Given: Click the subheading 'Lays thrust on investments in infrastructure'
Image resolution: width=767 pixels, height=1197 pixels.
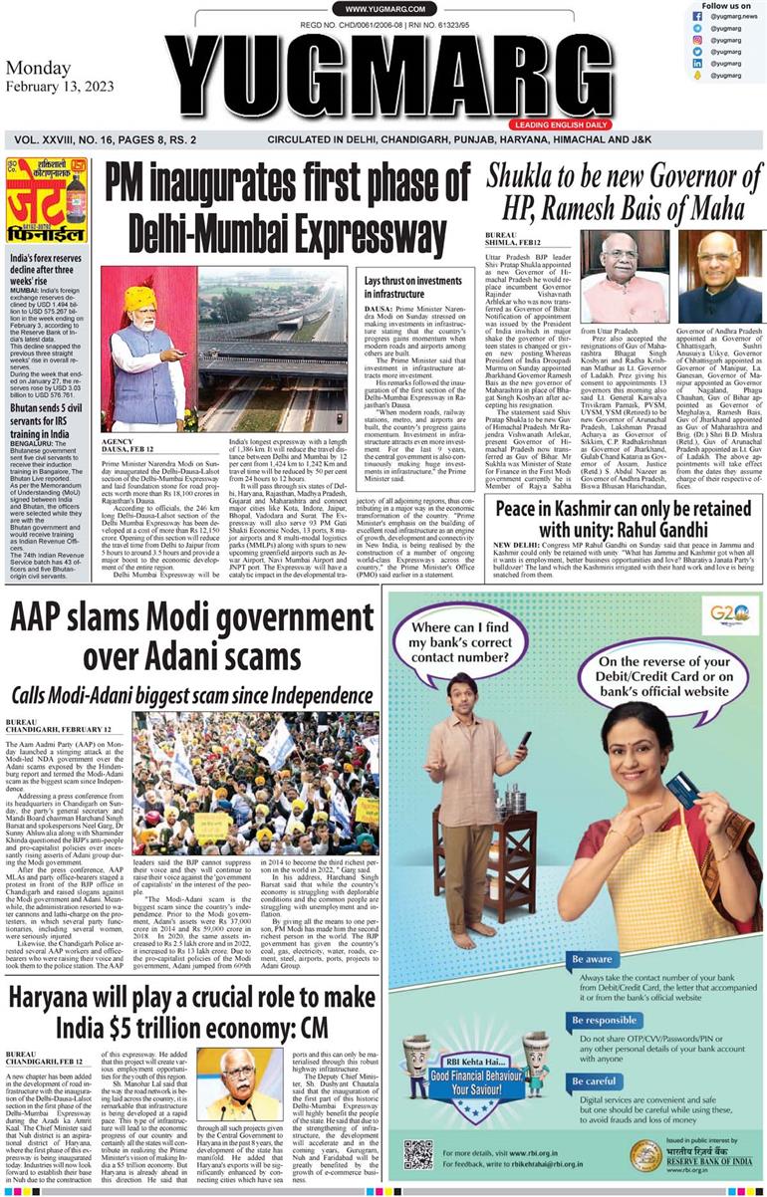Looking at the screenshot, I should point(412,288).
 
